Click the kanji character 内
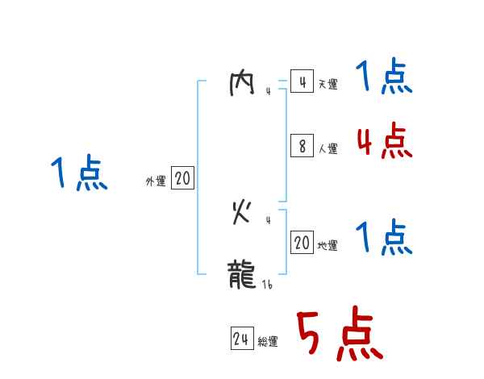[243, 85]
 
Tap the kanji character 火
[243, 213]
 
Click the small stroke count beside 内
[268, 92]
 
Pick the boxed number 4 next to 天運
[302, 82]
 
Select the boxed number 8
[302, 146]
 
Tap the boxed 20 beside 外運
[182, 179]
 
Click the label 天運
[328, 85]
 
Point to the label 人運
[328, 148]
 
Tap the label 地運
[328, 246]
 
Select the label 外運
[155, 182]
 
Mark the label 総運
[268, 342]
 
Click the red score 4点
[384, 142]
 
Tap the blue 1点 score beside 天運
[385, 77]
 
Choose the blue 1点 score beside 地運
[385, 239]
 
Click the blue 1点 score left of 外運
[79, 174]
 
